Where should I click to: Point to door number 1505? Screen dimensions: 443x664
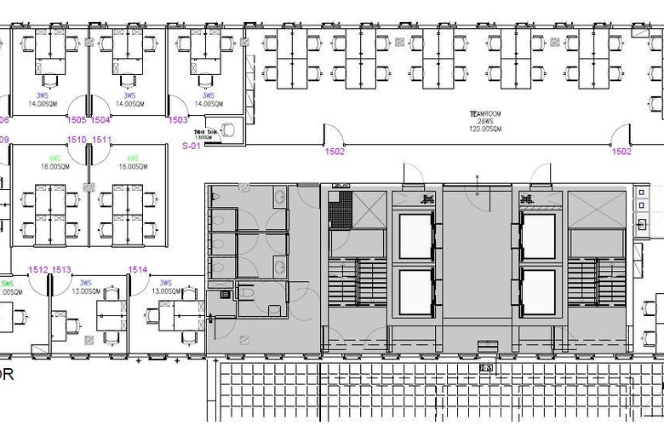pyautogui.click(x=77, y=120)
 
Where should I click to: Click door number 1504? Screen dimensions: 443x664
pyautogui.click(x=100, y=120)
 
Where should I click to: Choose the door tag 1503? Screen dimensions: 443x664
pyautogui.click(x=178, y=120)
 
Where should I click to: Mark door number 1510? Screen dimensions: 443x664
pyautogui.click(x=77, y=139)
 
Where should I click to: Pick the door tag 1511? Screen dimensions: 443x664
pyautogui.click(x=102, y=139)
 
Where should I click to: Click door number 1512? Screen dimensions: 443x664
pyautogui.click(x=38, y=269)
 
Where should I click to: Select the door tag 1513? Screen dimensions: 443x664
pyautogui.click(x=61, y=269)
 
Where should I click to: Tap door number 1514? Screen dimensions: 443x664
pyautogui.click(x=138, y=269)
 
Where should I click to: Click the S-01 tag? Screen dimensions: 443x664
pyautogui.click(x=192, y=146)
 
